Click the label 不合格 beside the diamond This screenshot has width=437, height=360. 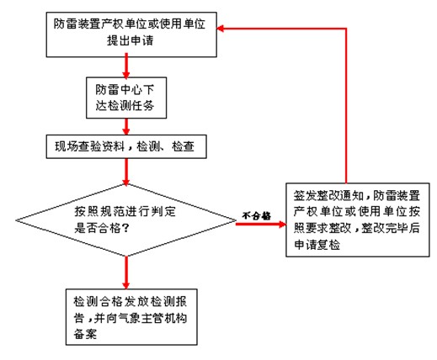tap(257, 216)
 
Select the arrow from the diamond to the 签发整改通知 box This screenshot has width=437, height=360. tap(261, 224)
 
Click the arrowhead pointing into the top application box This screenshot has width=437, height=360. tap(221, 29)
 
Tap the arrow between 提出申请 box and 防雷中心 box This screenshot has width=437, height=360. tap(126, 67)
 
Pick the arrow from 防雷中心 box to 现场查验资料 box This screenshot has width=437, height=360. tap(126, 127)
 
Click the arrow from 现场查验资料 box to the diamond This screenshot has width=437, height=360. tap(126, 172)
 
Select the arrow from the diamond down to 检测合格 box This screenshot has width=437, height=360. tap(126, 273)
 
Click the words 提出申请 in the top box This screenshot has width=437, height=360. tap(131, 40)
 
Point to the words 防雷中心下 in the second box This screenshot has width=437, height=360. tap(125, 90)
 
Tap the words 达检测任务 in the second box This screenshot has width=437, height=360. tap(125, 106)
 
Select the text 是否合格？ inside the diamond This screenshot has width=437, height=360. tap(102, 229)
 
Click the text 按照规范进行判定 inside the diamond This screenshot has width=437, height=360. tap(125, 212)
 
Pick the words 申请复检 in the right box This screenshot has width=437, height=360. tap(317, 245)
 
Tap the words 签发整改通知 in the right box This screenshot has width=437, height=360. tap(328, 196)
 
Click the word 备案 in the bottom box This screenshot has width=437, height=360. tap(85, 334)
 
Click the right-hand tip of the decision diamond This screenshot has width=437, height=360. tap(236, 220)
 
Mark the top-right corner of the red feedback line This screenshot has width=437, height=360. tap(346, 29)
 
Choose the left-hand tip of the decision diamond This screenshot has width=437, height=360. tap(16, 220)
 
